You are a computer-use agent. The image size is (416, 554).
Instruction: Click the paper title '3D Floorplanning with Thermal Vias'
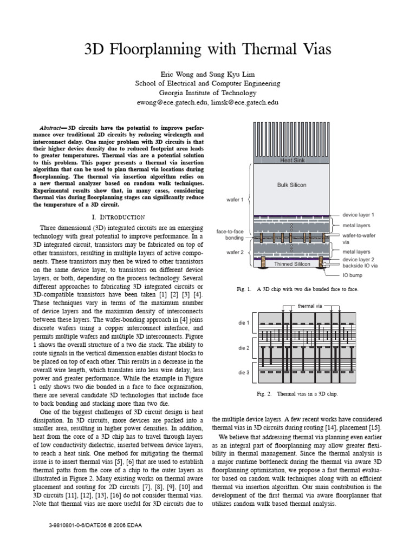pyautogui.click(x=207, y=50)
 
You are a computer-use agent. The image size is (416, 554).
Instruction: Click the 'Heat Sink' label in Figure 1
pyautogui.click(x=293, y=160)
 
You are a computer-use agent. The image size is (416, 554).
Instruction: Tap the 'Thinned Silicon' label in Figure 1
pyautogui.click(x=292, y=264)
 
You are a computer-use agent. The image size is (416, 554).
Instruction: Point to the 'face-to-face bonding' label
pyautogui.click(x=230, y=235)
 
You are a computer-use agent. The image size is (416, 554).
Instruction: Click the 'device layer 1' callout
pyautogui.click(x=359, y=215)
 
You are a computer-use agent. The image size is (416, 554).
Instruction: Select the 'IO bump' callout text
pyautogui.click(x=352, y=274)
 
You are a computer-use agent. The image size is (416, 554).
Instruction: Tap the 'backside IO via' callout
pyautogui.click(x=360, y=266)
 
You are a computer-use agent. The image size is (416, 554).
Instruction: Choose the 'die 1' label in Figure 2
pyautogui.click(x=244, y=323)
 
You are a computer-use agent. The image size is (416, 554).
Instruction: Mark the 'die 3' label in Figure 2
pyautogui.click(x=244, y=373)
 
